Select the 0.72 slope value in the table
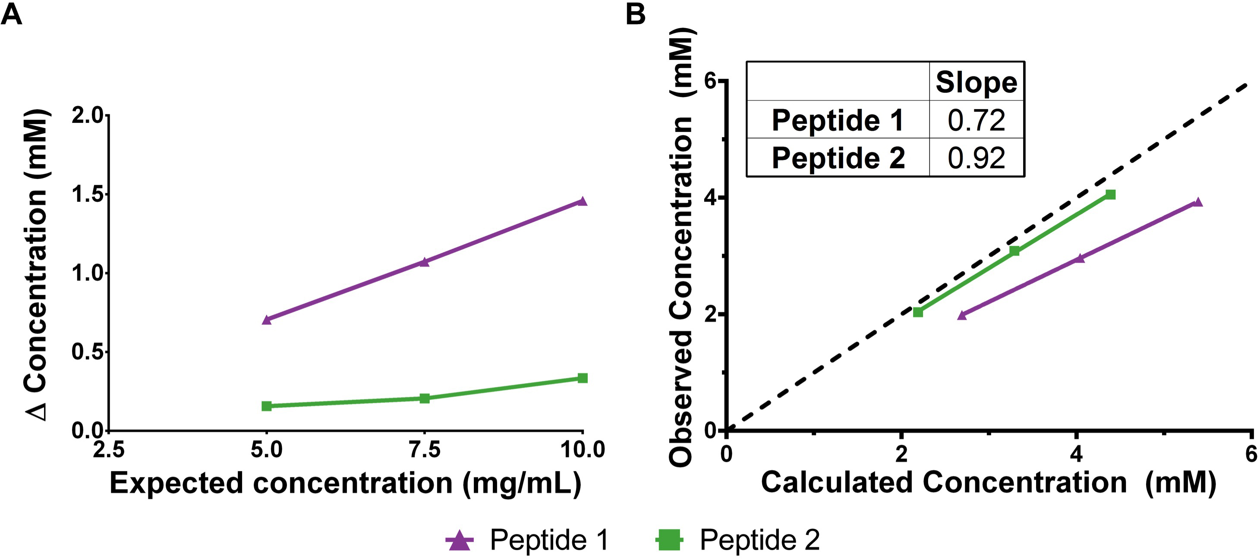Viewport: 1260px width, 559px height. [976, 120]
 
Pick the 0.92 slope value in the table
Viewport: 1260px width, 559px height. [976, 158]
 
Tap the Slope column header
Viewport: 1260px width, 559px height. [976, 82]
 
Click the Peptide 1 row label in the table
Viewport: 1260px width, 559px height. [838, 120]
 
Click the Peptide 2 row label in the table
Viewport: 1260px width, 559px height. [838, 158]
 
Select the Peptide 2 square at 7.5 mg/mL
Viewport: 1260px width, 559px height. [425, 399]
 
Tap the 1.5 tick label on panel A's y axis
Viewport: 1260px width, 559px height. [88, 194]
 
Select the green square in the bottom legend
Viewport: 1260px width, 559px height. [669, 540]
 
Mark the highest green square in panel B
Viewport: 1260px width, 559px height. [1110, 195]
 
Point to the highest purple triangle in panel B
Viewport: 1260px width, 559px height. [1197, 202]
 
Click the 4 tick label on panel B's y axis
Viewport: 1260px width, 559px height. [710, 198]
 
